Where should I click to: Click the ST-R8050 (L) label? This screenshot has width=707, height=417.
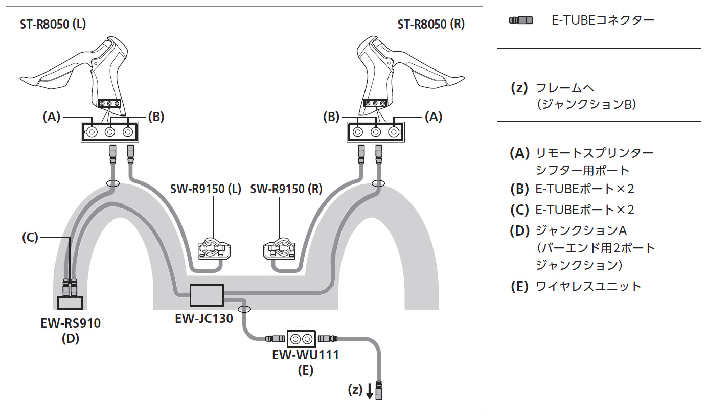click(53, 24)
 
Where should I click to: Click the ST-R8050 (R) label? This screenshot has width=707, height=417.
click(431, 24)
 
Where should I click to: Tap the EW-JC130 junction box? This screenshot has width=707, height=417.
click(207, 295)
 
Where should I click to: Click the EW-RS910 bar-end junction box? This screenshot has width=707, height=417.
click(70, 303)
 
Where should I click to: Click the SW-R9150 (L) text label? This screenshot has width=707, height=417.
click(206, 189)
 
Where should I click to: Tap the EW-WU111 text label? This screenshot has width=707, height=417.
click(306, 355)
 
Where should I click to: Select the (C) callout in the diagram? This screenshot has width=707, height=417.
click(30, 237)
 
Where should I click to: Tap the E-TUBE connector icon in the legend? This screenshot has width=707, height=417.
click(520, 20)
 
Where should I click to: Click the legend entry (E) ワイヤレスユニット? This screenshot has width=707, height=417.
click(575, 286)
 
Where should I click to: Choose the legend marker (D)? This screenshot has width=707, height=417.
click(519, 230)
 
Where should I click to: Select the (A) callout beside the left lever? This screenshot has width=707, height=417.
click(51, 117)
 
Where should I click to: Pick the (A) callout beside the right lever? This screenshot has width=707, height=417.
click(434, 117)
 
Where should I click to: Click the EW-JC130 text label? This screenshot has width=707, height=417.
click(204, 319)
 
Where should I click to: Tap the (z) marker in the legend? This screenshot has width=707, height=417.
click(519, 88)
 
